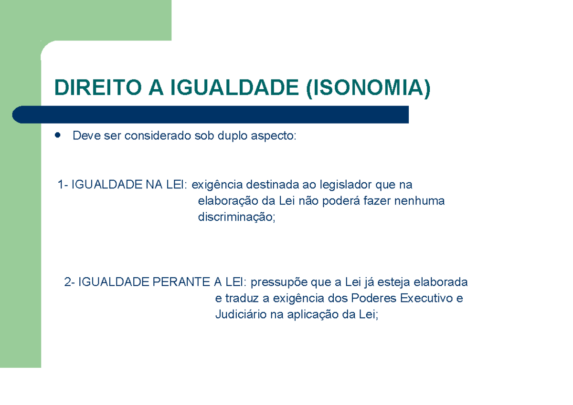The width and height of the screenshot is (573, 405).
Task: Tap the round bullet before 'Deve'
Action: tap(58, 135)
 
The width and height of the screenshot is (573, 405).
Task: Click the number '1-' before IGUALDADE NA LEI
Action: tap(63, 185)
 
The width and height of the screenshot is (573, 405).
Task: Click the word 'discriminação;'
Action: tap(237, 218)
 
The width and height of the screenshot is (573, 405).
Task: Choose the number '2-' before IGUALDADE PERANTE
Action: tap(70, 282)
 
